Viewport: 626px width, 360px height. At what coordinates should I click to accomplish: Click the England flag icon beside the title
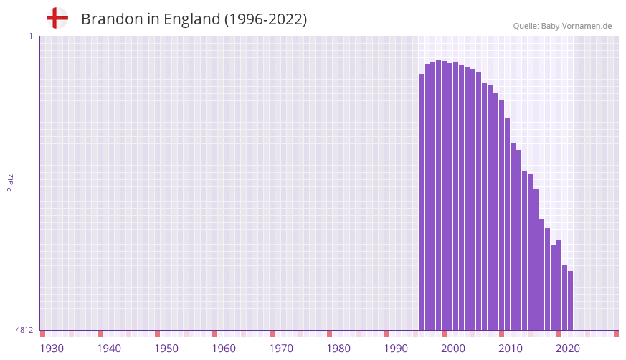(57, 19)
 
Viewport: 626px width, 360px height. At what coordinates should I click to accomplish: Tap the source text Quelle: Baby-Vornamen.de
(562, 27)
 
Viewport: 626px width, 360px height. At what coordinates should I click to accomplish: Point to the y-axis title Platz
(10, 183)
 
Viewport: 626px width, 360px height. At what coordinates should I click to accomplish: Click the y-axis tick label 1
(30, 36)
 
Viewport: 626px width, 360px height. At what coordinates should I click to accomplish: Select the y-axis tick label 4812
(24, 331)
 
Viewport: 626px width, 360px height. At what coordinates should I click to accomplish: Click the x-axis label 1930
(52, 349)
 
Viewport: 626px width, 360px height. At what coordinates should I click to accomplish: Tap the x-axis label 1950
(166, 349)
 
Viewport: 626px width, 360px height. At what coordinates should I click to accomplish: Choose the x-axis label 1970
(281, 349)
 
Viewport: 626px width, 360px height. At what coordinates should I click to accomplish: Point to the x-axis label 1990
(396, 349)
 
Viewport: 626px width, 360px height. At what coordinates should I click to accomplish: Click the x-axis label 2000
(453, 349)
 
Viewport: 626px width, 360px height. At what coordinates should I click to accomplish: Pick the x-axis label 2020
(568, 349)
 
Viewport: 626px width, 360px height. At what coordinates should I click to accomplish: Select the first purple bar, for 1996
(422, 202)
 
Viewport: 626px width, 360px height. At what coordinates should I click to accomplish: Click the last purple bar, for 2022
(570, 300)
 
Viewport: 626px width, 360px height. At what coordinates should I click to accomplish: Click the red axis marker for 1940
(100, 333)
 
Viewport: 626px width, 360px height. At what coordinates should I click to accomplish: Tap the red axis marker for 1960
(215, 333)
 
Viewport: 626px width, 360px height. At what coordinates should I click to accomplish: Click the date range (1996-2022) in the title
(265, 19)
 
